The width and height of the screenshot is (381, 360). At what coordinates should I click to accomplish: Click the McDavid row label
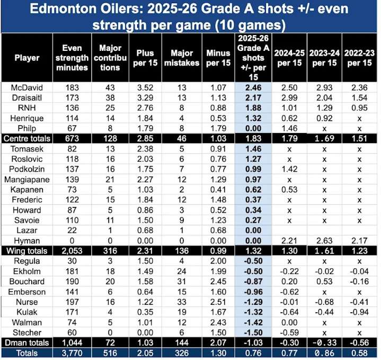coord(24,86)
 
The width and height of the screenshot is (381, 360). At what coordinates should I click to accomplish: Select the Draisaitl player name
coord(24,96)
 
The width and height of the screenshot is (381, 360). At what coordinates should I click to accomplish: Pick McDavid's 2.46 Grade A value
coord(253,86)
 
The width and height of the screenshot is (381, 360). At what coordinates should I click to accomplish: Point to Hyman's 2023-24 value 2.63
coord(325,240)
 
